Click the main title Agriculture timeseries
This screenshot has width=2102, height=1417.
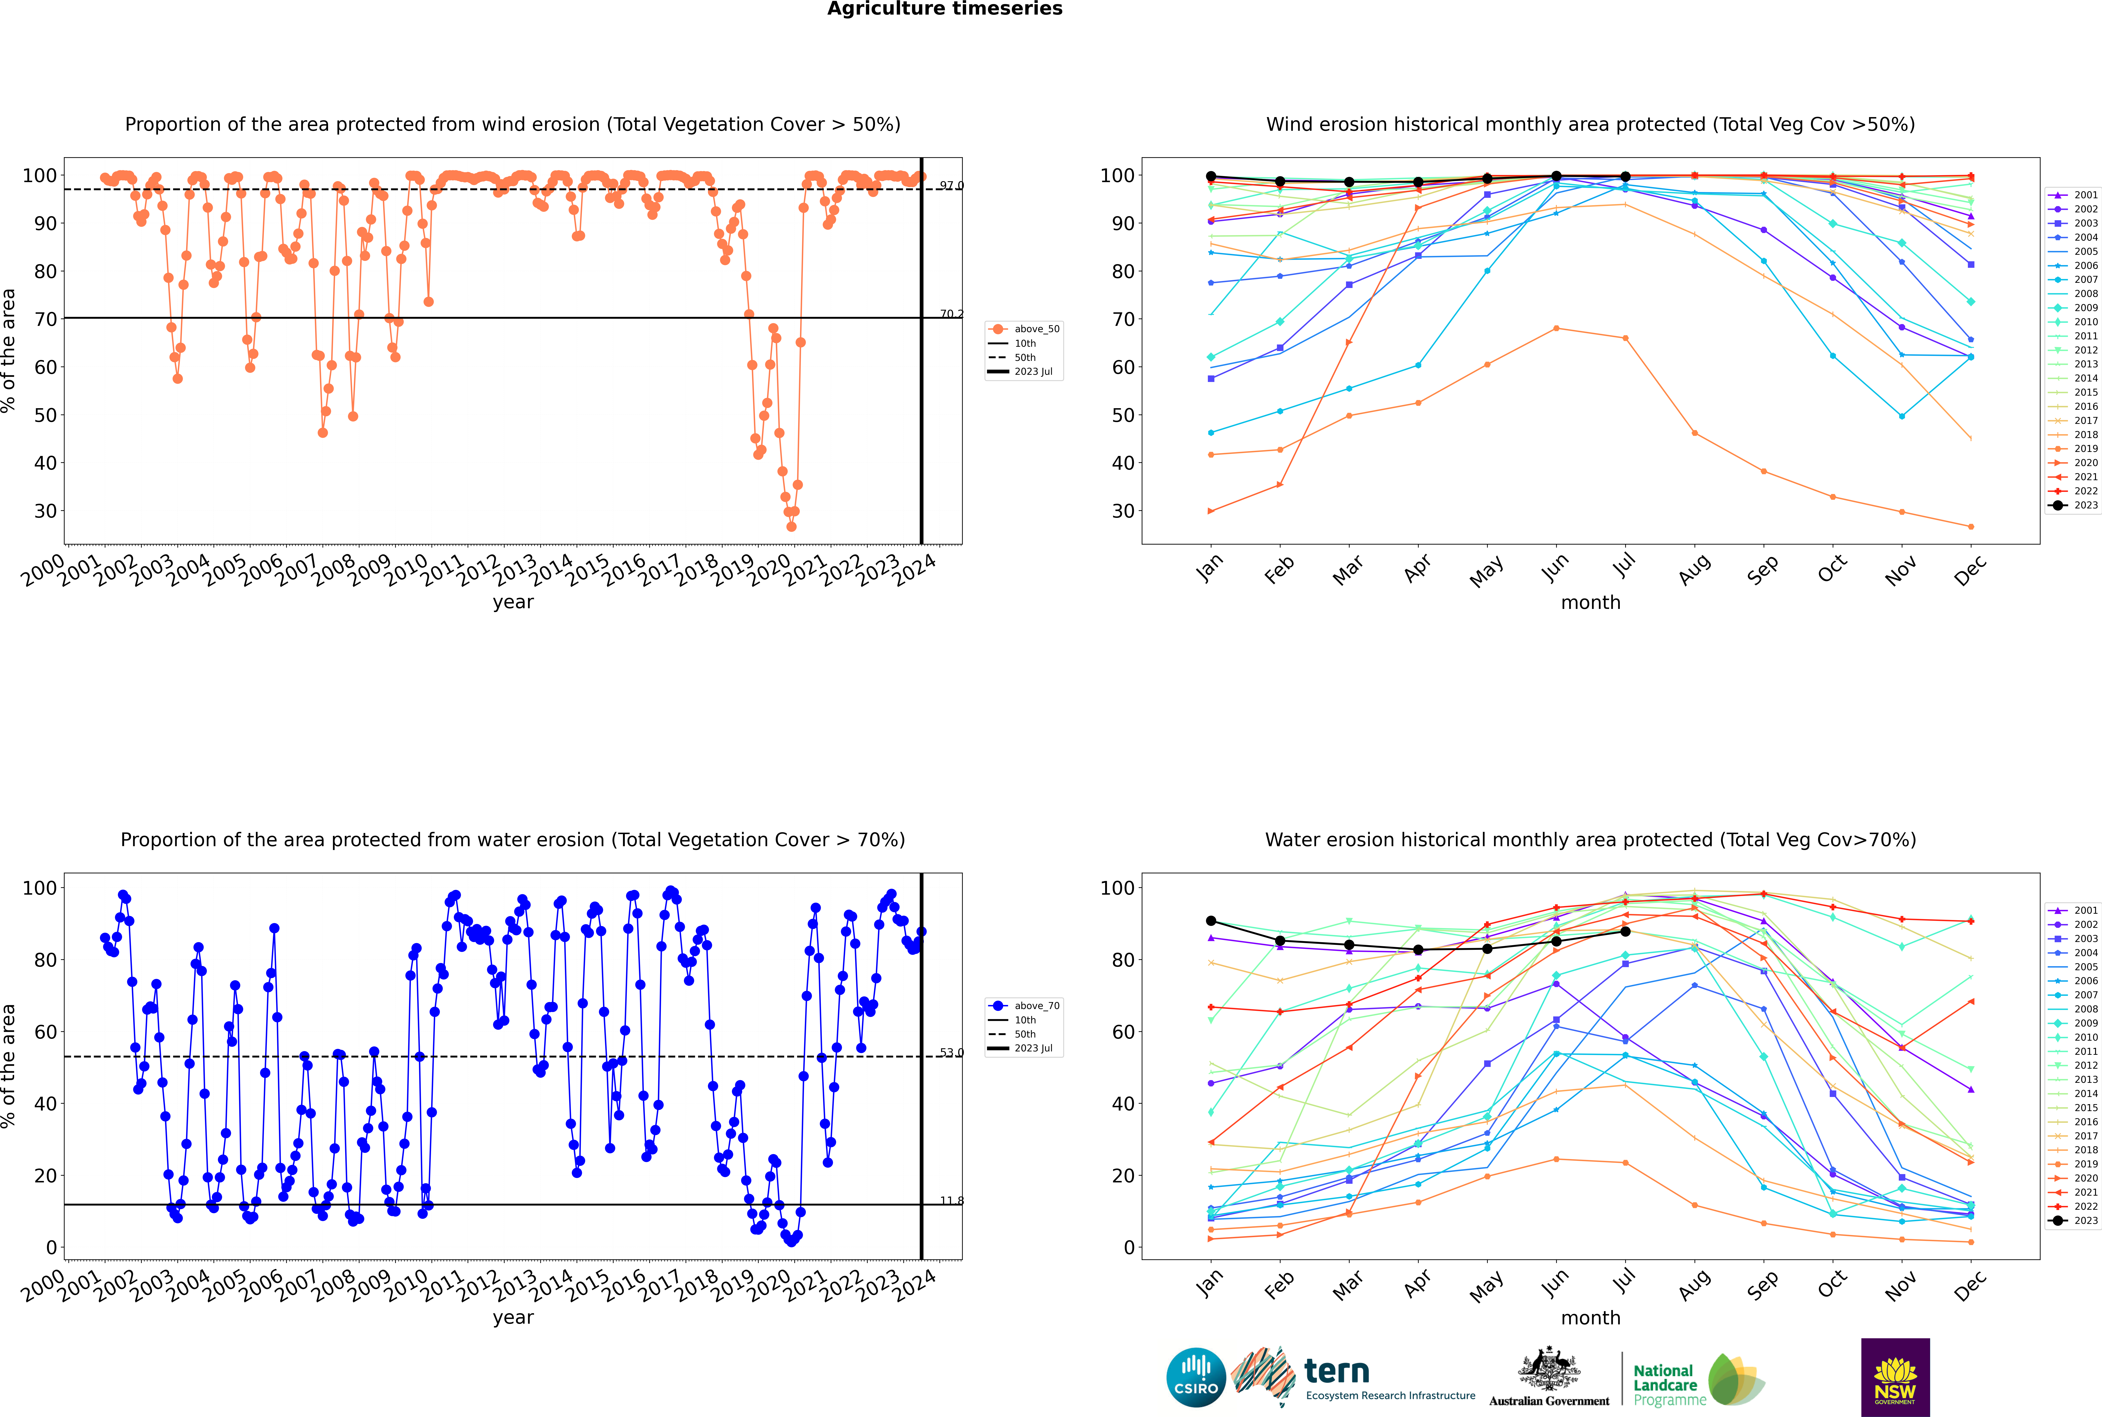pyautogui.click(x=944, y=9)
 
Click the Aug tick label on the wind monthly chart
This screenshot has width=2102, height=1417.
pyautogui.click(x=1695, y=569)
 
